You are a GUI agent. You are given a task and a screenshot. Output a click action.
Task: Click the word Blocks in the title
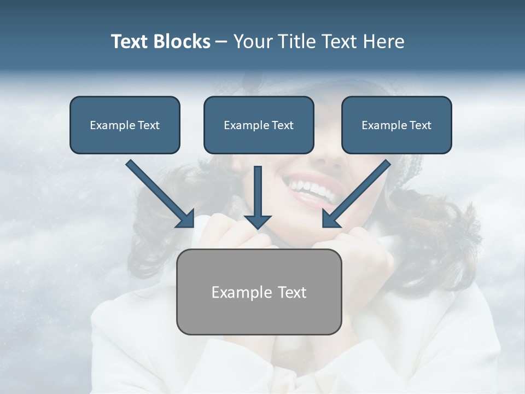(x=182, y=42)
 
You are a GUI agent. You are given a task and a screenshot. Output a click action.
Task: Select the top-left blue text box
(x=125, y=125)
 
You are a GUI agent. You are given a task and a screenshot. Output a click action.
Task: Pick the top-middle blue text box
(x=259, y=125)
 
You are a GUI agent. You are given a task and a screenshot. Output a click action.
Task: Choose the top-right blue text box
(x=396, y=125)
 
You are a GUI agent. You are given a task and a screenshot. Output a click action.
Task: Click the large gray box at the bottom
(x=259, y=292)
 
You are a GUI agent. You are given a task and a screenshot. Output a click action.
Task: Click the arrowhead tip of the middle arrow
(x=258, y=227)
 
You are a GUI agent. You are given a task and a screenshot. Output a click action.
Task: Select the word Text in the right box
(x=420, y=125)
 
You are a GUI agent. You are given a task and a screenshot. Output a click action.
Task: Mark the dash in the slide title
(x=221, y=42)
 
